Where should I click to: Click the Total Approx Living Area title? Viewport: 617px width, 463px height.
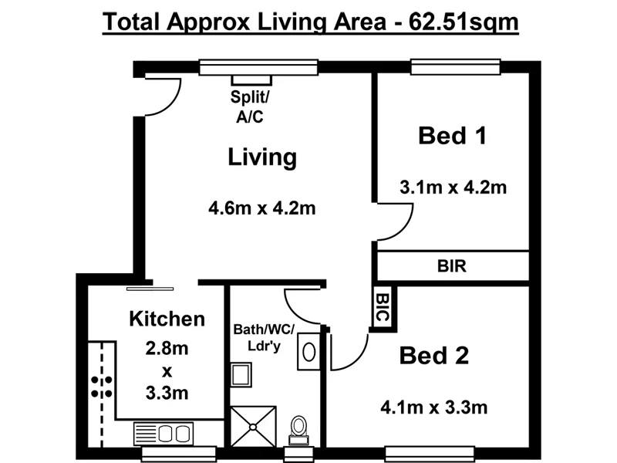coord(311,22)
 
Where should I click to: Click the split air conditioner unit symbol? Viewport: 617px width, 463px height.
coord(251,79)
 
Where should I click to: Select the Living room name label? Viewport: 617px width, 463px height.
coord(262,157)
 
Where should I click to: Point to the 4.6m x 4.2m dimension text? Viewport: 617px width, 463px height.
coord(262,208)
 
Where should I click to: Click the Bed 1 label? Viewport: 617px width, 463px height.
coord(453,137)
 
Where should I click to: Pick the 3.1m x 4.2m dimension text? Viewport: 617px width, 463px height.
coord(453,187)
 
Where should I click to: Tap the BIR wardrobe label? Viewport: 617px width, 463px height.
coord(453,267)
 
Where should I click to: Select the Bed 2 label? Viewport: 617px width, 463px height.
coord(434,357)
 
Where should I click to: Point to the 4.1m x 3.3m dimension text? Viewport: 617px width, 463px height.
coord(434,406)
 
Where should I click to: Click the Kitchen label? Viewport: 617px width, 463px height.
coord(167,319)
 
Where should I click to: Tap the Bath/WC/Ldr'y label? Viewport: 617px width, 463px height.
coord(264,338)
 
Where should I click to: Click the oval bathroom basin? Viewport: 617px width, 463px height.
coord(308,352)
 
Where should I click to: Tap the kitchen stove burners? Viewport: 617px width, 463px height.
coord(101,386)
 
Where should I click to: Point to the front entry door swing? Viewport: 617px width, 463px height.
coord(164,96)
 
